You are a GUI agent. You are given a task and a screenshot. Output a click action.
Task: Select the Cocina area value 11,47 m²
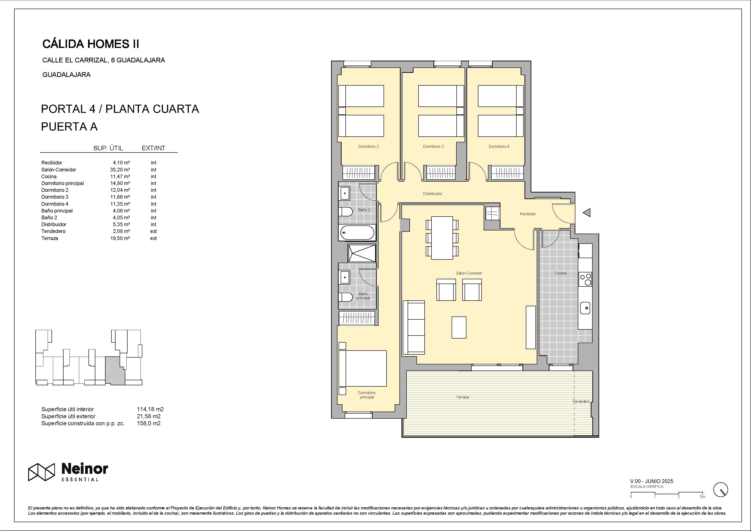click(x=120, y=177)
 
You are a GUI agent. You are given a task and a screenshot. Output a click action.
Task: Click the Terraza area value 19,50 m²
click(x=120, y=238)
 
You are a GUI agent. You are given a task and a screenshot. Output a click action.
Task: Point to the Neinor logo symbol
click(x=41, y=472)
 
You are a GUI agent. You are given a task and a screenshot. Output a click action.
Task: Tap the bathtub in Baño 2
click(x=357, y=233)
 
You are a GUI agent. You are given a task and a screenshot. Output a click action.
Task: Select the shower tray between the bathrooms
click(x=362, y=253)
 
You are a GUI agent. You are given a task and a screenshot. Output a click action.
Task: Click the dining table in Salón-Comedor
click(x=442, y=238)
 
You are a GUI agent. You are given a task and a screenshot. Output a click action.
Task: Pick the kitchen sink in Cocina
click(x=585, y=308)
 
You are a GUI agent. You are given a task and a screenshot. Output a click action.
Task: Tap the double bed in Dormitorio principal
click(x=362, y=368)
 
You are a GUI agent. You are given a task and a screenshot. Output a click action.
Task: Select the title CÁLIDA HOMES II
click(x=91, y=44)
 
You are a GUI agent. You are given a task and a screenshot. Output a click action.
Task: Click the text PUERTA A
click(x=69, y=127)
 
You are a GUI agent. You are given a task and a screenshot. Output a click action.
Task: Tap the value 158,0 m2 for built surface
click(x=148, y=423)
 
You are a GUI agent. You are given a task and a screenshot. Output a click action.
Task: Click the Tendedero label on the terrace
click(x=581, y=401)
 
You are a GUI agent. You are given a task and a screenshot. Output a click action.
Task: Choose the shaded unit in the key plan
click(x=115, y=371)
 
